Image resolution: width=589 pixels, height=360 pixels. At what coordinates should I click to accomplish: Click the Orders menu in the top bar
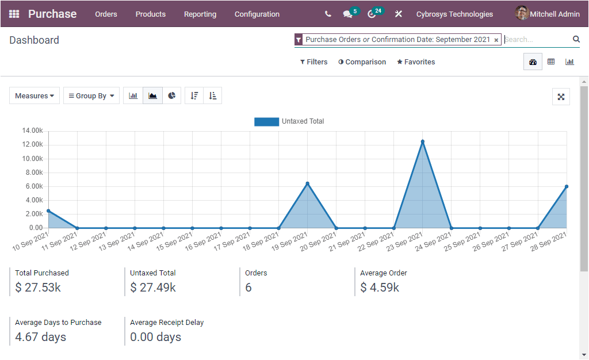click(x=106, y=14)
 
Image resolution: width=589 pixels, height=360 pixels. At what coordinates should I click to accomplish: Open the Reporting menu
click(x=200, y=14)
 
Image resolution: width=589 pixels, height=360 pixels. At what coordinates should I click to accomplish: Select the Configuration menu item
click(x=257, y=14)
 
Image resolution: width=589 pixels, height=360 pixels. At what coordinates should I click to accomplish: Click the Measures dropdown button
click(x=35, y=96)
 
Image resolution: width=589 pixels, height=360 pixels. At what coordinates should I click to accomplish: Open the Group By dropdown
click(x=91, y=96)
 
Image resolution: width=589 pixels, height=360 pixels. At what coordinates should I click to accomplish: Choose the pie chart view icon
click(x=171, y=96)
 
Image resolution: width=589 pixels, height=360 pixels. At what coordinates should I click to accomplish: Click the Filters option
click(x=314, y=62)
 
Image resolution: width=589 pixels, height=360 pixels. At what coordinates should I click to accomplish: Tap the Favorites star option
click(x=416, y=62)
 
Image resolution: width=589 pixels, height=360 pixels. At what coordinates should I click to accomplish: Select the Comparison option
click(x=362, y=62)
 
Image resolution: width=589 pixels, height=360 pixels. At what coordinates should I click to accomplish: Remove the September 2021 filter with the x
click(x=496, y=40)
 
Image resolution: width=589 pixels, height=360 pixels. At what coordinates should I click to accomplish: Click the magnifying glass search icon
click(x=576, y=39)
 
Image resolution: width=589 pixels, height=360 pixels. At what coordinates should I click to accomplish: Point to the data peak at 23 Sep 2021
click(x=423, y=141)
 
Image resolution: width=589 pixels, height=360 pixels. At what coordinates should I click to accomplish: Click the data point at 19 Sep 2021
click(x=308, y=183)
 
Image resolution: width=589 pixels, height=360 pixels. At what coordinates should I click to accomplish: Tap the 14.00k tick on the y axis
click(x=33, y=131)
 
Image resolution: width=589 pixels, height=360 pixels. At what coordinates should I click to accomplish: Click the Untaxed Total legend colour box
click(x=266, y=121)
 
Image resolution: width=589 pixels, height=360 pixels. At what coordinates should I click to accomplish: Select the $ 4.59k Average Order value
click(x=380, y=288)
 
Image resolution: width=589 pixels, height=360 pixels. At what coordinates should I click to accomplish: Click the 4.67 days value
click(x=40, y=337)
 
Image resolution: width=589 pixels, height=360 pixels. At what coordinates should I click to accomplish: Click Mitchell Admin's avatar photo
click(x=522, y=13)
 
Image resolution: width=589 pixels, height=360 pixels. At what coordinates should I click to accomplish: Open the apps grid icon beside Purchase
click(x=14, y=14)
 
